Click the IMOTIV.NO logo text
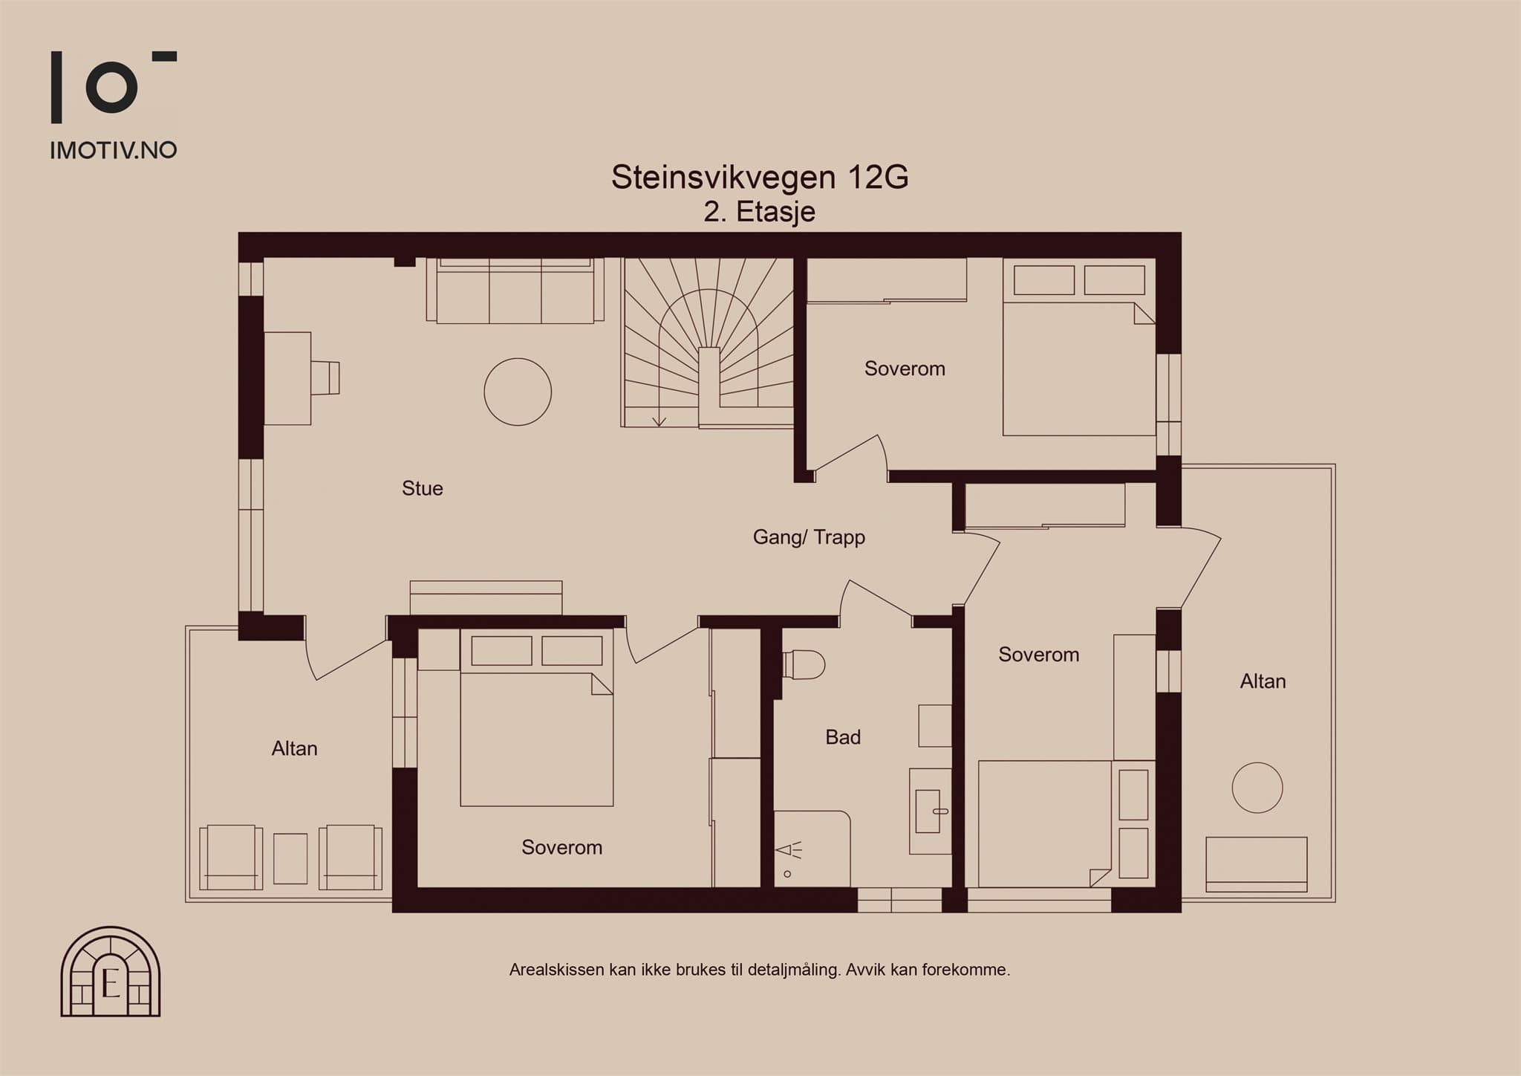pyautogui.click(x=114, y=150)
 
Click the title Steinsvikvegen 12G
pyautogui.click(x=760, y=177)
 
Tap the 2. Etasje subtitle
pyautogui.click(x=760, y=212)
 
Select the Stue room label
pyautogui.click(x=423, y=488)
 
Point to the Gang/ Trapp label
pyautogui.click(x=809, y=537)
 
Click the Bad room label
pyautogui.click(x=843, y=737)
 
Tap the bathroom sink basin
pyautogui.click(x=931, y=811)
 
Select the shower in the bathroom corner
pyautogui.click(x=812, y=849)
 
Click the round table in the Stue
pyautogui.click(x=518, y=392)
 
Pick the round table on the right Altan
pyautogui.click(x=1257, y=788)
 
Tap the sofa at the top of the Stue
pyautogui.click(x=515, y=291)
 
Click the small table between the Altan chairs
pyautogui.click(x=290, y=858)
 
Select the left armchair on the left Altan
pyautogui.click(x=231, y=857)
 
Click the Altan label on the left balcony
pyautogui.click(x=294, y=748)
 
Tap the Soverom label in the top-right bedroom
pyautogui.click(x=905, y=369)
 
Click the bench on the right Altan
pyautogui.click(x=1257, y=864)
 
